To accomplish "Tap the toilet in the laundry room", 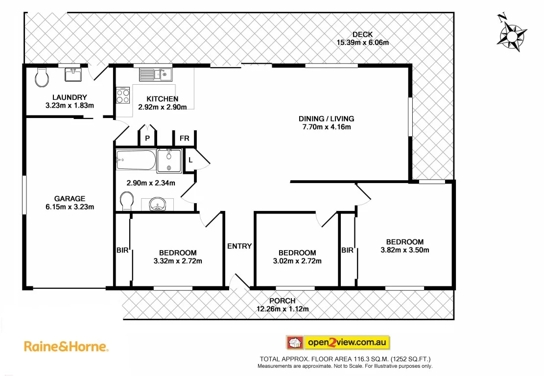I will [42, 76].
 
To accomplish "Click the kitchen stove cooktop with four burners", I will [123, 94].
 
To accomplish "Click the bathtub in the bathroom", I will [136, 160].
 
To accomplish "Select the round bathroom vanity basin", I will [158, 205].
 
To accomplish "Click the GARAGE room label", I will [70, 198].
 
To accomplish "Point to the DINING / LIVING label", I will [326, 118].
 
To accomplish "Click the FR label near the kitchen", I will [184, 139].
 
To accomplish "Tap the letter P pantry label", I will [147, 139].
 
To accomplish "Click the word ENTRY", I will [239, 246].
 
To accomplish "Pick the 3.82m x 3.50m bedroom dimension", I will [404, 250].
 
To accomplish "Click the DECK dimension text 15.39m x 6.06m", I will [362, 42].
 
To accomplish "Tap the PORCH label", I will [283, 301].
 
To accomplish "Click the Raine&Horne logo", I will [66, 347].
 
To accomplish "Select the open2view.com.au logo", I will [337, 342].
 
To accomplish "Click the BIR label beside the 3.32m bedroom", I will [122, 250].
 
